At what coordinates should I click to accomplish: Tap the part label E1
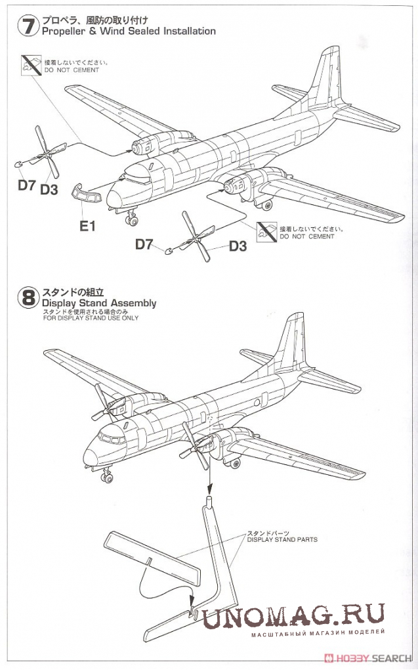(88, 225)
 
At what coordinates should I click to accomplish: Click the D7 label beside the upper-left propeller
(27, 185)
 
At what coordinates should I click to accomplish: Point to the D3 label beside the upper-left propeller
(50, 190)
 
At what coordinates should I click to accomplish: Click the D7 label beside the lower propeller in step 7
(144, 244)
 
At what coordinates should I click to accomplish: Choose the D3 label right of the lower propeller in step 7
(238, 246)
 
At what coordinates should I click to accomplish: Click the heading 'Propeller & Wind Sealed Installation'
(129, 31)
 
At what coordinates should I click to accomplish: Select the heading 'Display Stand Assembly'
(99, 303)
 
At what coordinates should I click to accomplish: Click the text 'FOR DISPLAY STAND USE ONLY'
(91, 318)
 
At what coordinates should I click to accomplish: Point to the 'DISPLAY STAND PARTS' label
(282, 539)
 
